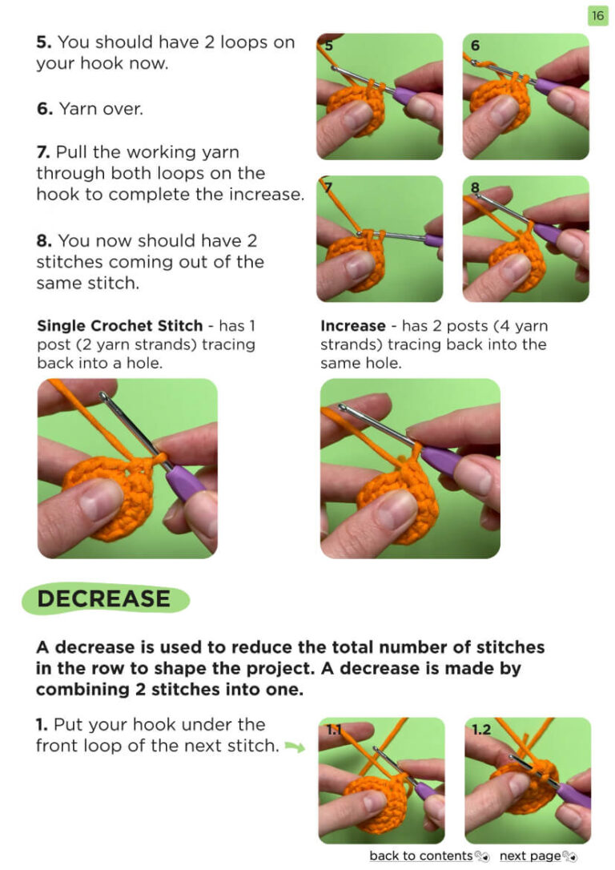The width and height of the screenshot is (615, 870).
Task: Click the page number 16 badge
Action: (x=597, y=15)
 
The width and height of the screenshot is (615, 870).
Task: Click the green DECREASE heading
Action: (x=104, y=598)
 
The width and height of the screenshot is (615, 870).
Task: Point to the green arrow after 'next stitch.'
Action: (x=295, y=747)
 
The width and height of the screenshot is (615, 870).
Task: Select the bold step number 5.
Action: (x=44, y=42)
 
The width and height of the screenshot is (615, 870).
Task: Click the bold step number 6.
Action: (x=45, y=109)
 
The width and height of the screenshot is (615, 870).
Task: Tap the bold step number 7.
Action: (x=43, y=152)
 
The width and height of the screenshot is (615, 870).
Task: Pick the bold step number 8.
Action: (x=44, y=241)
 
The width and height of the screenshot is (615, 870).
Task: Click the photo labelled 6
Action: (x=526, y=97)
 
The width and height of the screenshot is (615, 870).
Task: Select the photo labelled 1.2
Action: (x=528, y=780)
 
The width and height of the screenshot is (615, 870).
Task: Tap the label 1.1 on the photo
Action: (x=334, y=729)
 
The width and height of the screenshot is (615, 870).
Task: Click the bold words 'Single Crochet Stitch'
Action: (x=120, y=326)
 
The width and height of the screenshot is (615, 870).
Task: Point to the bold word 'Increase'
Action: (x=352, y=326)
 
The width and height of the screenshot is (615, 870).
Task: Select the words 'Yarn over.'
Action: (x=101, y=109)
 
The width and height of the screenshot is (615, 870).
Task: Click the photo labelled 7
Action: (x=380, y=239)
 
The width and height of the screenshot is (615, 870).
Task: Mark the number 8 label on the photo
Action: (x=475, y=187)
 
